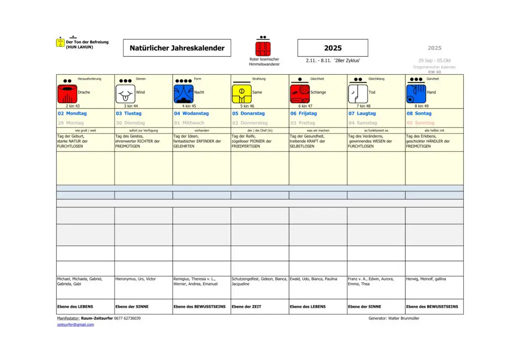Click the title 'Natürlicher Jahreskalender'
point(177,48)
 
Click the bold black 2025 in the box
point(333,48)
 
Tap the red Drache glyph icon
point(67,94)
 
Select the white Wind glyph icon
point(126,94)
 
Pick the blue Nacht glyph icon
point(183,94)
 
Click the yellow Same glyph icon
point(242,94)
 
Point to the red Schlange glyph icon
point(300,94)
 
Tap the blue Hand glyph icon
point(416,94)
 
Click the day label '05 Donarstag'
point(249,114)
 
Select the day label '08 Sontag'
point(419,114)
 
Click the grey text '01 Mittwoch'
point(189,123)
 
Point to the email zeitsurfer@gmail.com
point(75,325)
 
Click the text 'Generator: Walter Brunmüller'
point(394,318)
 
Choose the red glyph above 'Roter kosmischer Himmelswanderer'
point(263,49)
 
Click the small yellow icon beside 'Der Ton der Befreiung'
point(60,42)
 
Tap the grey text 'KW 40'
point(434,72)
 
